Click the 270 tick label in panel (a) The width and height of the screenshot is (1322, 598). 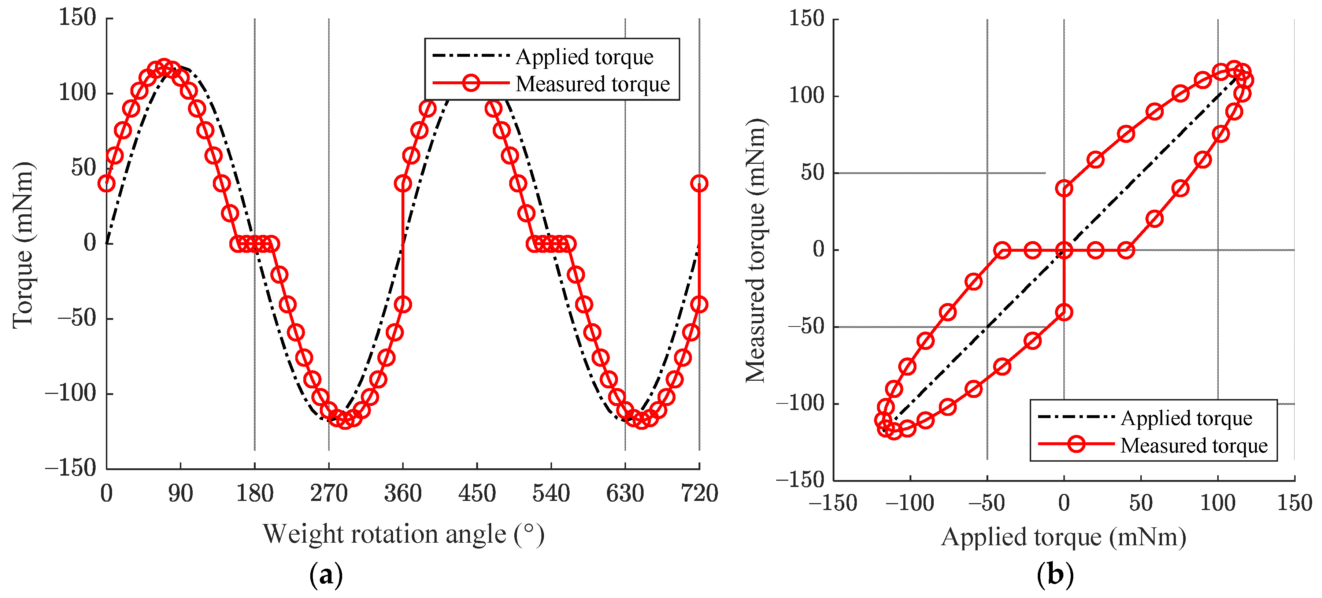(329, 494)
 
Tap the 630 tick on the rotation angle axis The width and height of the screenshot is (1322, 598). (625, 494)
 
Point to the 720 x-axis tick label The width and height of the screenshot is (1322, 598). (699, 494)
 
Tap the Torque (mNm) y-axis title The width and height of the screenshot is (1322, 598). (23, 245)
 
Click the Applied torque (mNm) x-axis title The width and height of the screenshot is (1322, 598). (1063, 538)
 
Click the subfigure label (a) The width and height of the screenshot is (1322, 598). (326, 575)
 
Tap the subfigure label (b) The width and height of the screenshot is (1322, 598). (1055, 575)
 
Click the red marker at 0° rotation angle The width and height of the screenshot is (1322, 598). (107, 183)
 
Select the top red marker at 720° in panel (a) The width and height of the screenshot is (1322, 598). (699, 183)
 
